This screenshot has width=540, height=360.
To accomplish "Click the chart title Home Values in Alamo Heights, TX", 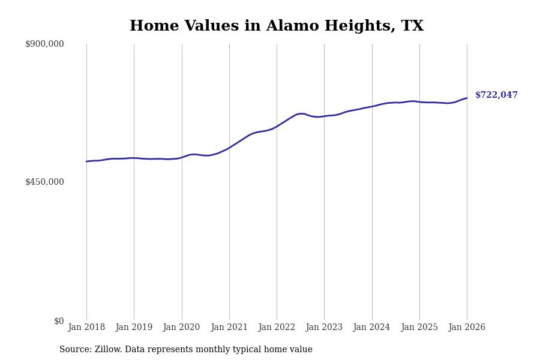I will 276,26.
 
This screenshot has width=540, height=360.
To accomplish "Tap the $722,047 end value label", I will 496,95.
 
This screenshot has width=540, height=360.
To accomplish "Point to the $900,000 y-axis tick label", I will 44,44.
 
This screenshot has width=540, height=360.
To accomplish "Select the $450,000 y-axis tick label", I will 44,182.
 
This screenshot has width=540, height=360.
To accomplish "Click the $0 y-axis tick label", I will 59,321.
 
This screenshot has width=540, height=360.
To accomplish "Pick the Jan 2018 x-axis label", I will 86,328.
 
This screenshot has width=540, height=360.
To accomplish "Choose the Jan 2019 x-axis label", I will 134,328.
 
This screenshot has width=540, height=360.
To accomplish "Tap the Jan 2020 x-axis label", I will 181,328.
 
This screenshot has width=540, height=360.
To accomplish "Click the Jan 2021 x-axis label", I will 229,328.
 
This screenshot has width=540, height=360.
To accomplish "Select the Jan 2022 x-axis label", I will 277,328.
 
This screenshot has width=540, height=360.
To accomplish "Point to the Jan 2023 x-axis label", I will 324,328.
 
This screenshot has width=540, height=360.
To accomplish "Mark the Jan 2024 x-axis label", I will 371,328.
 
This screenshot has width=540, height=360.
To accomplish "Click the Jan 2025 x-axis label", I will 419,328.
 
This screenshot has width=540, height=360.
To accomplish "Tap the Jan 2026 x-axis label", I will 467,328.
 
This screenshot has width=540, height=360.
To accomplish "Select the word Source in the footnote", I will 74,350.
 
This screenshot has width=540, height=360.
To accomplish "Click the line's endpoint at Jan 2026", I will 467,98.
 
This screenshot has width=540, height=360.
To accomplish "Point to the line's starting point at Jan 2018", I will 86,161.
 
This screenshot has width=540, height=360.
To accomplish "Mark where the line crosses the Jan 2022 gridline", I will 277,126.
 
